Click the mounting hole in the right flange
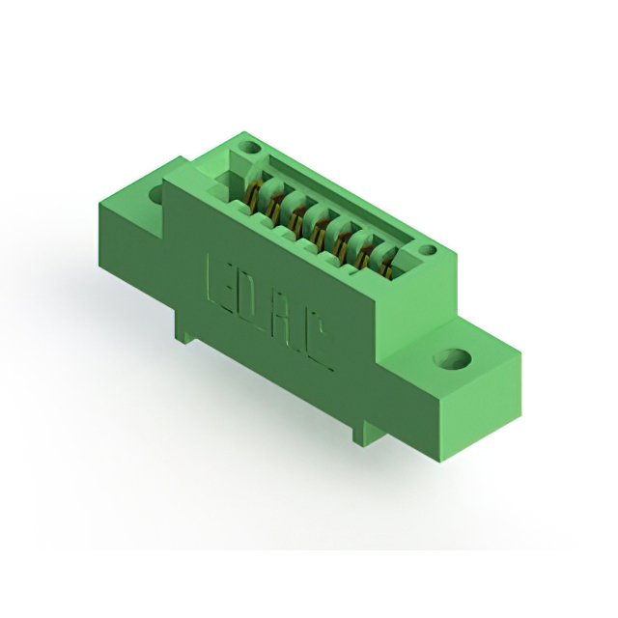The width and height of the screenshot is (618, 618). pos(452,360)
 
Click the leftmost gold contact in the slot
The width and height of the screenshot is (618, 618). pos(252,197)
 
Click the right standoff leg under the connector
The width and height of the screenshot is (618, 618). pos(362,432)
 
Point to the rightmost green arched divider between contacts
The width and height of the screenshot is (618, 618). pos(384,256)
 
